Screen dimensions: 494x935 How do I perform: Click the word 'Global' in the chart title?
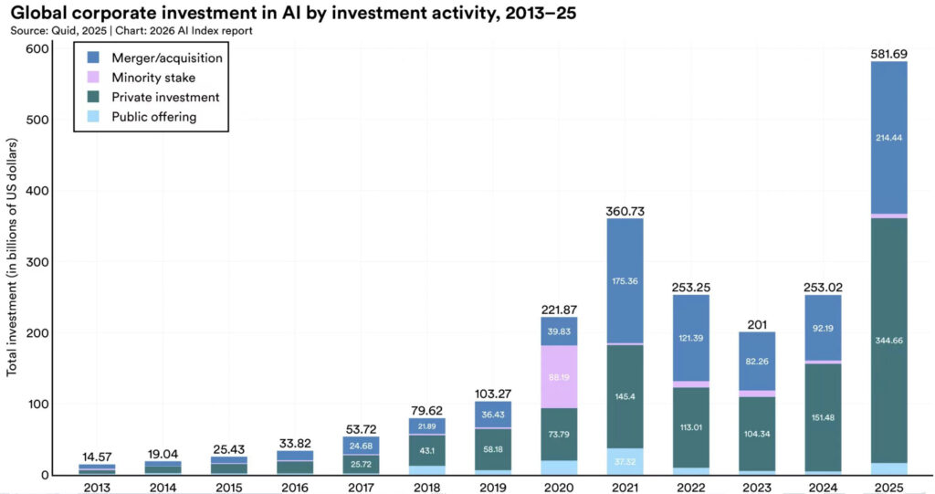pos(40,14)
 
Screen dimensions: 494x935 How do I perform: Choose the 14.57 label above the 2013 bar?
pos(96,457)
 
